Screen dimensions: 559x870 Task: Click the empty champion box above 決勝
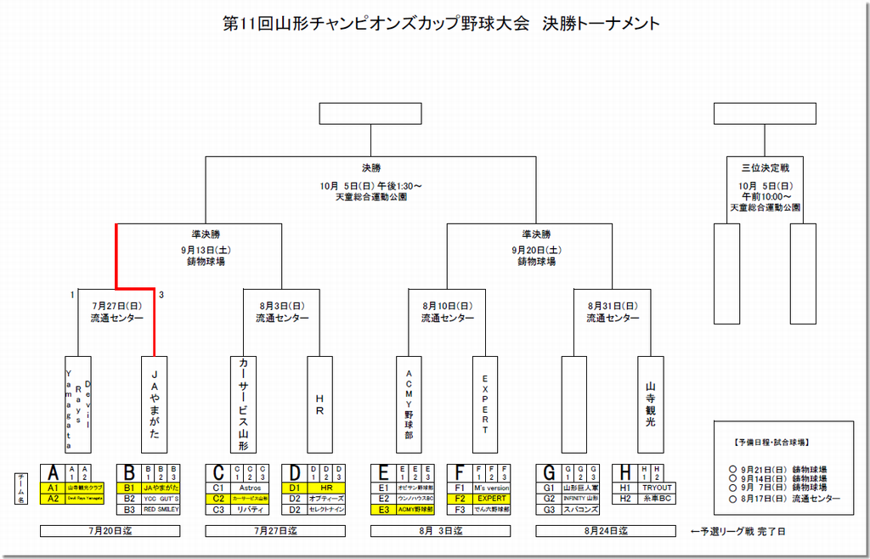click(x=370, y=113)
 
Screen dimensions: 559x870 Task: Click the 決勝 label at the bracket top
click(x=370, y=167)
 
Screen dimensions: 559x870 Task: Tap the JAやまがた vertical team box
click(x=155, y=403)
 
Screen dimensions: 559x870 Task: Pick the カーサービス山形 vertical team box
click(x=244, y=403)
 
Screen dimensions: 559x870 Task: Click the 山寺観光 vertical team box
click(x=651, y=403)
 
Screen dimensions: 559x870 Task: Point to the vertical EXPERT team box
click(x=485, y=403)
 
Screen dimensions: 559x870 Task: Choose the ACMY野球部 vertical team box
click(x=409, y=403)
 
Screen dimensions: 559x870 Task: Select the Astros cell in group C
click(x=251, y=488)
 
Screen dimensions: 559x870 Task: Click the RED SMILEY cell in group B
click(x=161, y=510)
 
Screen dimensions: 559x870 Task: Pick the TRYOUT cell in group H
click(x=658, y=488)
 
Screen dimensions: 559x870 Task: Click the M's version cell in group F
click(x=492, y=488)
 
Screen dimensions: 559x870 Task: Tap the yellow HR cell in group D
click(x=327, y=488)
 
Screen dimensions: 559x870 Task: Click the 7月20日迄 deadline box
click(x=110, y=531)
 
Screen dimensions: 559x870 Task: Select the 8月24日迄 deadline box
click(x=606, y=531)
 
